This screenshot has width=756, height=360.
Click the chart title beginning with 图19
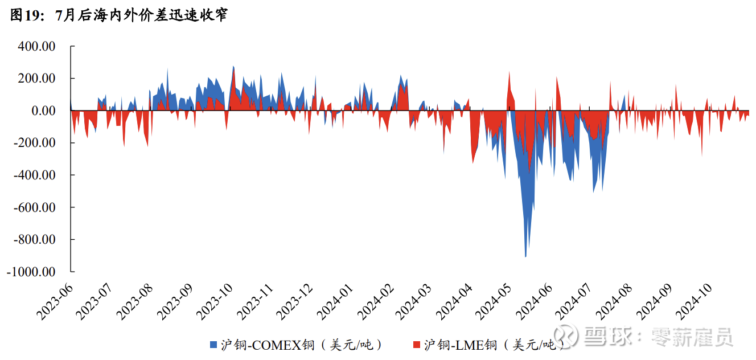click(x=119, y=15)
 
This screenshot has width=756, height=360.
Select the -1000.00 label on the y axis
click(x=31, y=272)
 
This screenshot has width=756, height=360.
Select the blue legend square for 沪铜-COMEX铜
click(x=213, y=345)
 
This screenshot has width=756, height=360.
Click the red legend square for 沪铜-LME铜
click(x=416, y=345)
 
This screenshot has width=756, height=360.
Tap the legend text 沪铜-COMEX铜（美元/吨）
click(x=301, y=345)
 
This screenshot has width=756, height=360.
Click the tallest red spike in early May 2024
click(x=509, y=72)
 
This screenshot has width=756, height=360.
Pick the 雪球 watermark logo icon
click(x=567, y=336)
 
